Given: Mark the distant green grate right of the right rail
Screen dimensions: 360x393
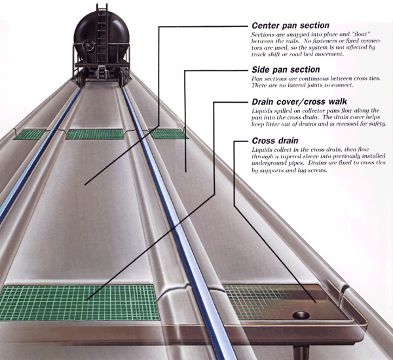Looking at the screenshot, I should (167, 134).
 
